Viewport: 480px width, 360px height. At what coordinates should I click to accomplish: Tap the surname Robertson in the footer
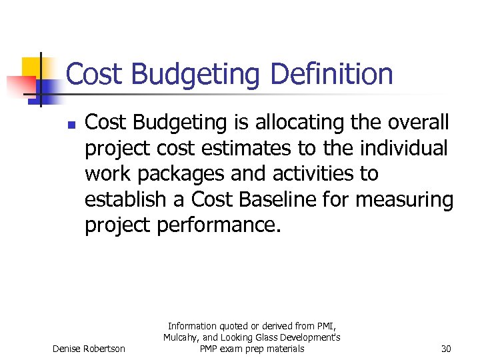point(103,349)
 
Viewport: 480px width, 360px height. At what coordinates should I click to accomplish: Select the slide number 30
point(445,349)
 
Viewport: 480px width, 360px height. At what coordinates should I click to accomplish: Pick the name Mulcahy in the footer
point(180,337)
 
